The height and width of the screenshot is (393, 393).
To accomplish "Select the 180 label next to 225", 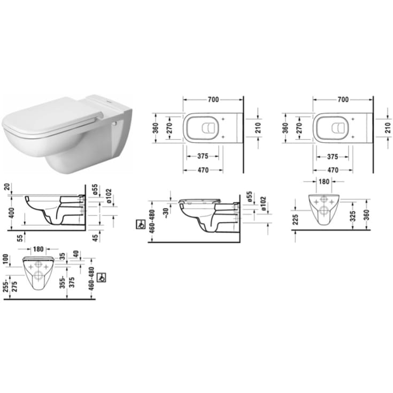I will point(325,182).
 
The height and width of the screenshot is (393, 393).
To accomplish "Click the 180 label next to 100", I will point(37,250).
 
